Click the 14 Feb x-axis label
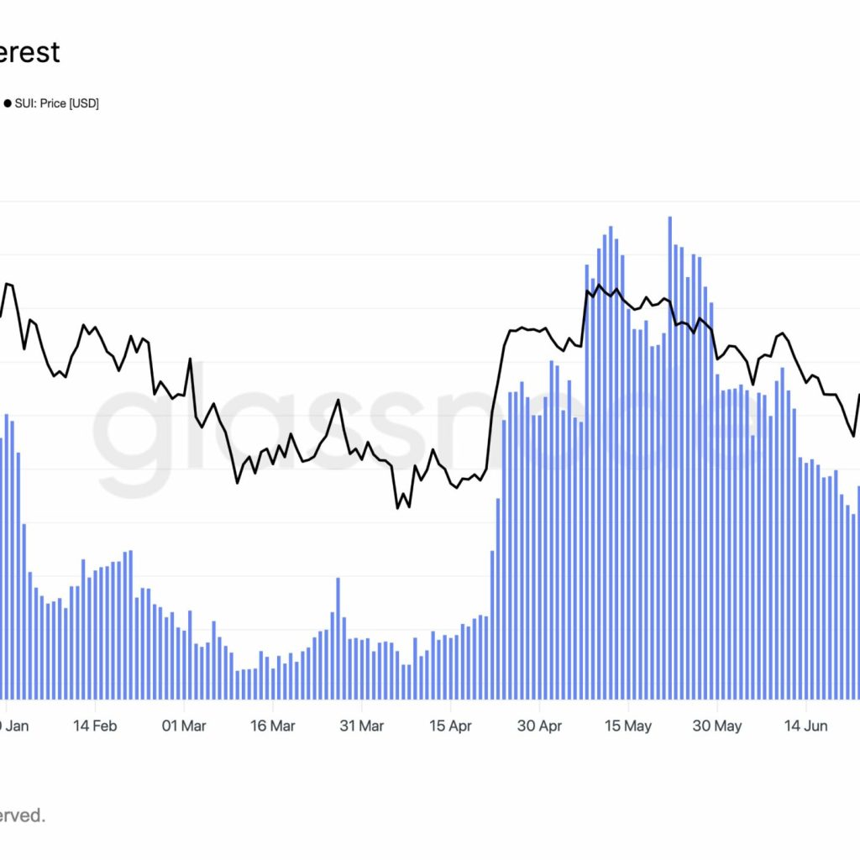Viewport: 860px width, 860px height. click(x=93, y=726)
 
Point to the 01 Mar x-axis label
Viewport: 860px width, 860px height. click(x=182, y=726)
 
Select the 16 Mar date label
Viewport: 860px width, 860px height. click(x=272, y=726)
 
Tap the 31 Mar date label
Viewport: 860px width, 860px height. click(x=361, y=726)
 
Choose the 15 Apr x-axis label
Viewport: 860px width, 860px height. click(x=450, y=726)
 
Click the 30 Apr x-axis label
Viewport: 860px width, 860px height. click(x=539, y=726)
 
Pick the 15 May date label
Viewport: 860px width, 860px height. click(x=628, y=726)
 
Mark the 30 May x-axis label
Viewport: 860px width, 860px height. click(x=717, y=726)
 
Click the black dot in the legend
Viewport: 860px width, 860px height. click(x=8, y=104)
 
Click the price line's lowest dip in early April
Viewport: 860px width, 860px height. click(x=397, y=507)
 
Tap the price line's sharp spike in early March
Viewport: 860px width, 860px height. click(x=190, y=359)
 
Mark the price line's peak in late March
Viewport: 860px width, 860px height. click(x=338, y=400)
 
